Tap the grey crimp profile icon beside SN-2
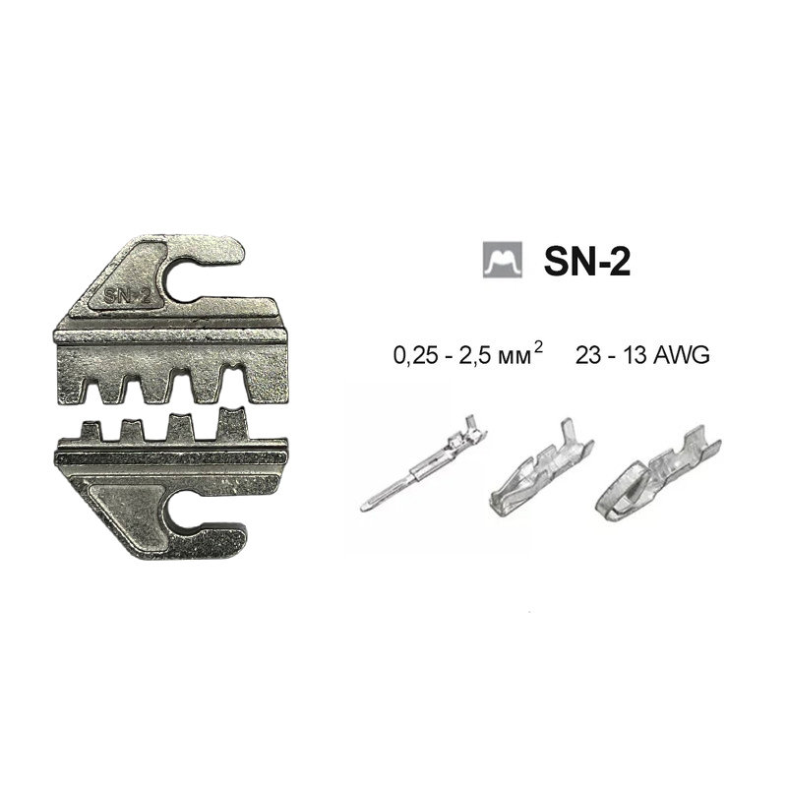pyautogui.click(x=503, y=260)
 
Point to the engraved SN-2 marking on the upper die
pyautogui.click(x=128, y=297)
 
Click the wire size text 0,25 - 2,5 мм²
pyautogui.click(x=468, y=355)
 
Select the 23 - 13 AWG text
pyautogui.click(x=643, y=356)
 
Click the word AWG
pyautogui.click(x=683, y=356)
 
